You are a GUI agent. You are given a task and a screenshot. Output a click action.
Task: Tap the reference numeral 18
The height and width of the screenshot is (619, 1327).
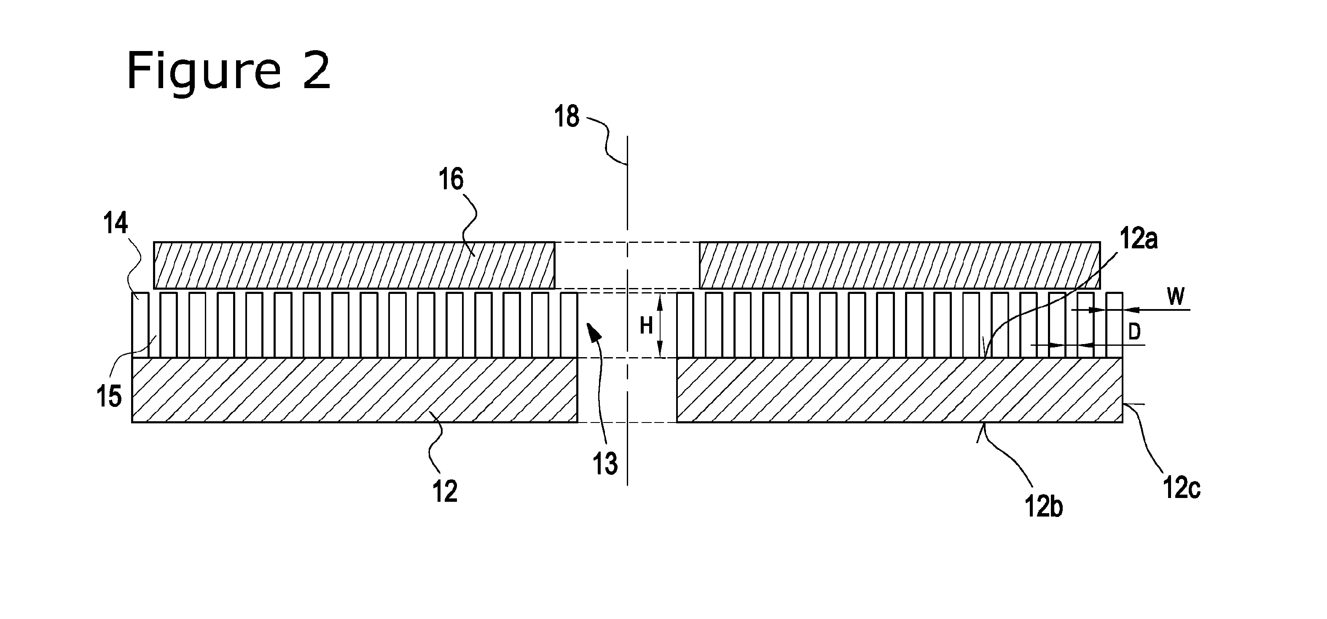567,116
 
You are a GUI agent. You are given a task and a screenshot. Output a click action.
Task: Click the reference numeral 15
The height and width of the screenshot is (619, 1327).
109,397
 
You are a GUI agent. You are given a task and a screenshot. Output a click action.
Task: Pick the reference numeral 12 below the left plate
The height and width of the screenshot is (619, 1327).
445,492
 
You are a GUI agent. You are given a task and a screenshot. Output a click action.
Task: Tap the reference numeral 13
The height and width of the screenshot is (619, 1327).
605,464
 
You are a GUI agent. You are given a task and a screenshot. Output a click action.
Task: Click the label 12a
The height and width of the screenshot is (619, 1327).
1139,240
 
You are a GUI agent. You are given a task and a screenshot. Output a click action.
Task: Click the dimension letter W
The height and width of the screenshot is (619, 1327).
1176,297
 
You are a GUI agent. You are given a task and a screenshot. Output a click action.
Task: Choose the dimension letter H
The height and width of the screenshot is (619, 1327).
646,326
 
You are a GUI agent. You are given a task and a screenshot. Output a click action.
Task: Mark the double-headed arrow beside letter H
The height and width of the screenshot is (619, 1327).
662,325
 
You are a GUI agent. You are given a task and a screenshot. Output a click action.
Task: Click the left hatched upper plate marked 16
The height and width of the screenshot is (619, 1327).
355,265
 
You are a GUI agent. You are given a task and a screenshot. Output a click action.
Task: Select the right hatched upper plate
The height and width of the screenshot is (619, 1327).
900,265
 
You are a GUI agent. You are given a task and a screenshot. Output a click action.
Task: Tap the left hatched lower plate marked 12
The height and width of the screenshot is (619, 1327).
355,390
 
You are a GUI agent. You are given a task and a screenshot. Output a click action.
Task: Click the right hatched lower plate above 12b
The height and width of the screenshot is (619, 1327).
900,390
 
